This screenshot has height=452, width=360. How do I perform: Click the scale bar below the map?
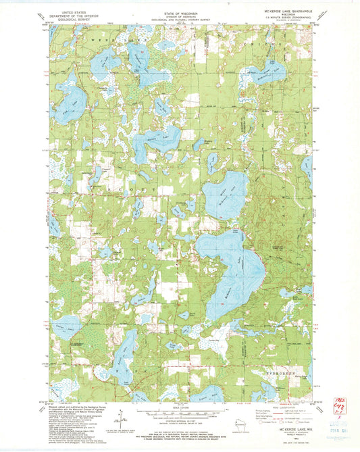pos(180,410)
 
